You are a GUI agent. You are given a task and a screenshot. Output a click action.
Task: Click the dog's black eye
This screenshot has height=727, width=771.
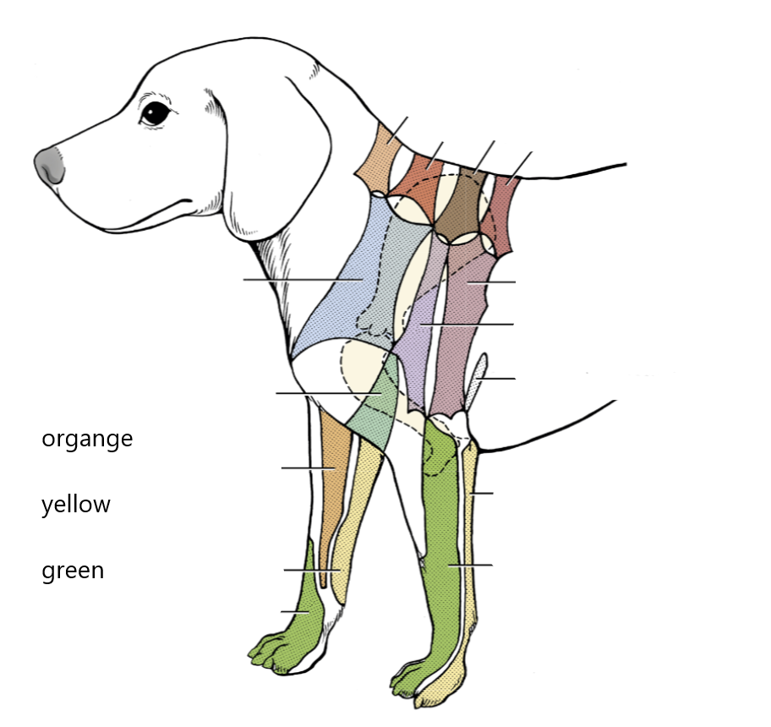[x=155, y=113]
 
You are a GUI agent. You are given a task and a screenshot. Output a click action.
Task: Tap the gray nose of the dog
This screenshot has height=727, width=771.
[x=50, y=164]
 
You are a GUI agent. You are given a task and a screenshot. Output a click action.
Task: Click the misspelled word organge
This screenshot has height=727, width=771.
[x=87, y=440]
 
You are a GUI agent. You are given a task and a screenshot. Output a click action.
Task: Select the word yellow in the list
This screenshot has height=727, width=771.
[x=76, y=505]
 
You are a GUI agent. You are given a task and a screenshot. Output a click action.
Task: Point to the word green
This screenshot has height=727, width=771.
[x=73, y=571]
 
